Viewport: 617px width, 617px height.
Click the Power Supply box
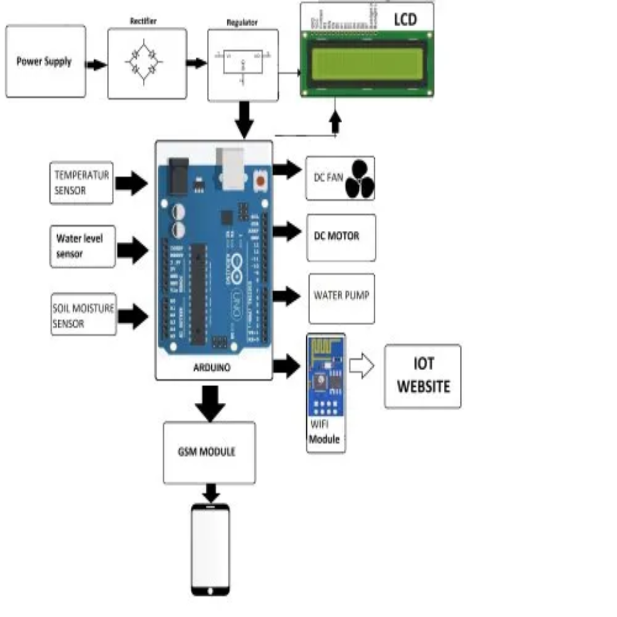(46, 61)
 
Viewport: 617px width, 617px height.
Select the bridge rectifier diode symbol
(143, 62)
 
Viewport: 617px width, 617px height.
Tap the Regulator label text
(242, 23)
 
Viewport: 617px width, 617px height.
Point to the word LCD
(405, 20)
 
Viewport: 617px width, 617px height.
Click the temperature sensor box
(81, 182)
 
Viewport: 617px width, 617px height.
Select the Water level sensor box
(82, 246)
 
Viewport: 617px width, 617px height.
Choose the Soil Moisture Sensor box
(83, 314)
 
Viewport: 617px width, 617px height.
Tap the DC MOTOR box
(341, 237)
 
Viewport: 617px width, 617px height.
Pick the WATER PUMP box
(342, 298)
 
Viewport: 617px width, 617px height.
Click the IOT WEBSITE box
(423, 376)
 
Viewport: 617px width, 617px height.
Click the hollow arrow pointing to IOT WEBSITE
(362, 366)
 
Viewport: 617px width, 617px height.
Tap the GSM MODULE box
(209, 452)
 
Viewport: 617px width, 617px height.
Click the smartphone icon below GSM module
(210, 550)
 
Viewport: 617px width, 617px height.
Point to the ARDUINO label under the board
(212, 368)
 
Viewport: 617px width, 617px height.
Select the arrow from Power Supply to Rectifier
(97, 65)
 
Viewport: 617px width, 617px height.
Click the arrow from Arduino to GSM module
(210, 403)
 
